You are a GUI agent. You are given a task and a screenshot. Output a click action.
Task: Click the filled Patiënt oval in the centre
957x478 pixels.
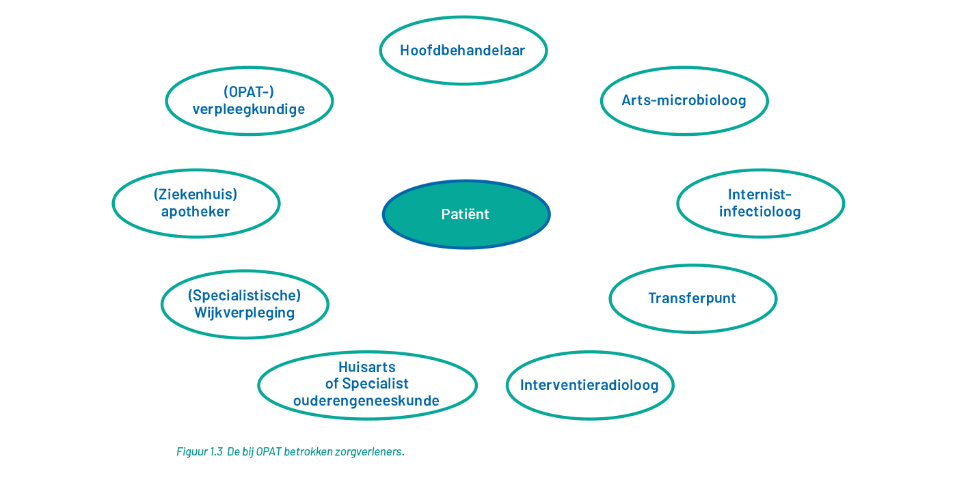[x=466, y=214]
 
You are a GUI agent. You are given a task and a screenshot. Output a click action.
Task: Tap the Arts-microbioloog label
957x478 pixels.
[x=684, y=100]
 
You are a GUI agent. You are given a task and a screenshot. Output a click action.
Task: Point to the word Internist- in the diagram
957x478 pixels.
[x=759, y=195]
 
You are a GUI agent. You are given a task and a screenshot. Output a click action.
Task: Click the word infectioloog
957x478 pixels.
[x=759, y=212]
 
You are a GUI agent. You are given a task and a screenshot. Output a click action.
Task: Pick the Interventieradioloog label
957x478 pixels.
[x=589, y=385]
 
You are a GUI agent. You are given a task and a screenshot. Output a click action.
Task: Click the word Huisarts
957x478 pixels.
[x=367, y=367]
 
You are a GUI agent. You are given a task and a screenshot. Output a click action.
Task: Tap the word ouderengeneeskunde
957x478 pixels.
[x=366, y=401]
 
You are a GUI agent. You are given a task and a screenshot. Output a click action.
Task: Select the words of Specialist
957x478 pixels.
[x=367, y=384]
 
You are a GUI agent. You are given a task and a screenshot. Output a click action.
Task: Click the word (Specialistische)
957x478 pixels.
[x=245, y=295]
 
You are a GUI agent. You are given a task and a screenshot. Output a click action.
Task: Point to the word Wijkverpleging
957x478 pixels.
[x=245, y=313]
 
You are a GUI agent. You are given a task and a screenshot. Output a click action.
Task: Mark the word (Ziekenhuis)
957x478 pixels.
[x=196, y=195]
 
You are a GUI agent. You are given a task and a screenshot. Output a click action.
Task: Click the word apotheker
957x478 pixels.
[x=196, y=212]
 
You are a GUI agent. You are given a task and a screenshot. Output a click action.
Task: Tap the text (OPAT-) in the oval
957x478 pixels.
[x=249, y=92]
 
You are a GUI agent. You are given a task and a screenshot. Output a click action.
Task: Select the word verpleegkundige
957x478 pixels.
[x=249, y=109]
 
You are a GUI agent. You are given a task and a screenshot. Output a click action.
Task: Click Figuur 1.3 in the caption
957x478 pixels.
[x=200, y=451]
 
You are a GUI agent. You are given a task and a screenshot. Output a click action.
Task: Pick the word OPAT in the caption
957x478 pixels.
[x=269, y=451]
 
